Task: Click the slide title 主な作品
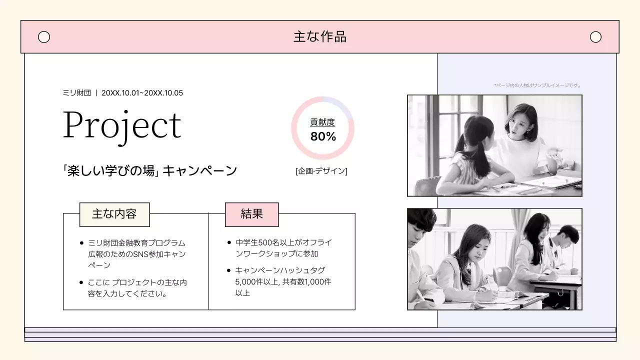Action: pyautogui.click(x=319, y=36)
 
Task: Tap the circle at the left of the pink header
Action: pyautogui.click(x=44, y=37)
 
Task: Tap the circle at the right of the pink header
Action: pyautogui.click(x=595, y=37)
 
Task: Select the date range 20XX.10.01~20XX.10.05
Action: pyautogui.click(x=142, y=93)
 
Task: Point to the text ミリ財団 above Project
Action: pyautogui.click(x=76, y=93)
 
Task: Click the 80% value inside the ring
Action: pyautogui.click(x=323, y=136)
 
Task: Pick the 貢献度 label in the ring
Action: pyautogui.click(x=322, y=122)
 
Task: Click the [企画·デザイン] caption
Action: pyautogui.click(x=321, y=171)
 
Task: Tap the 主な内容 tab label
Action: pyautogui.click(x=114, y=214)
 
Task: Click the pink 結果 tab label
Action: pyautogui.click(x=251, y=214)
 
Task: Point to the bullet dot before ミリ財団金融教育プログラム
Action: pyautogui.click(x=81, y=243)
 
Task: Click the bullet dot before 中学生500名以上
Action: pyautogui.click(x=229, y=243)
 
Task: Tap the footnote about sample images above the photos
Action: pyautogui.click(x=537, y=85)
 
